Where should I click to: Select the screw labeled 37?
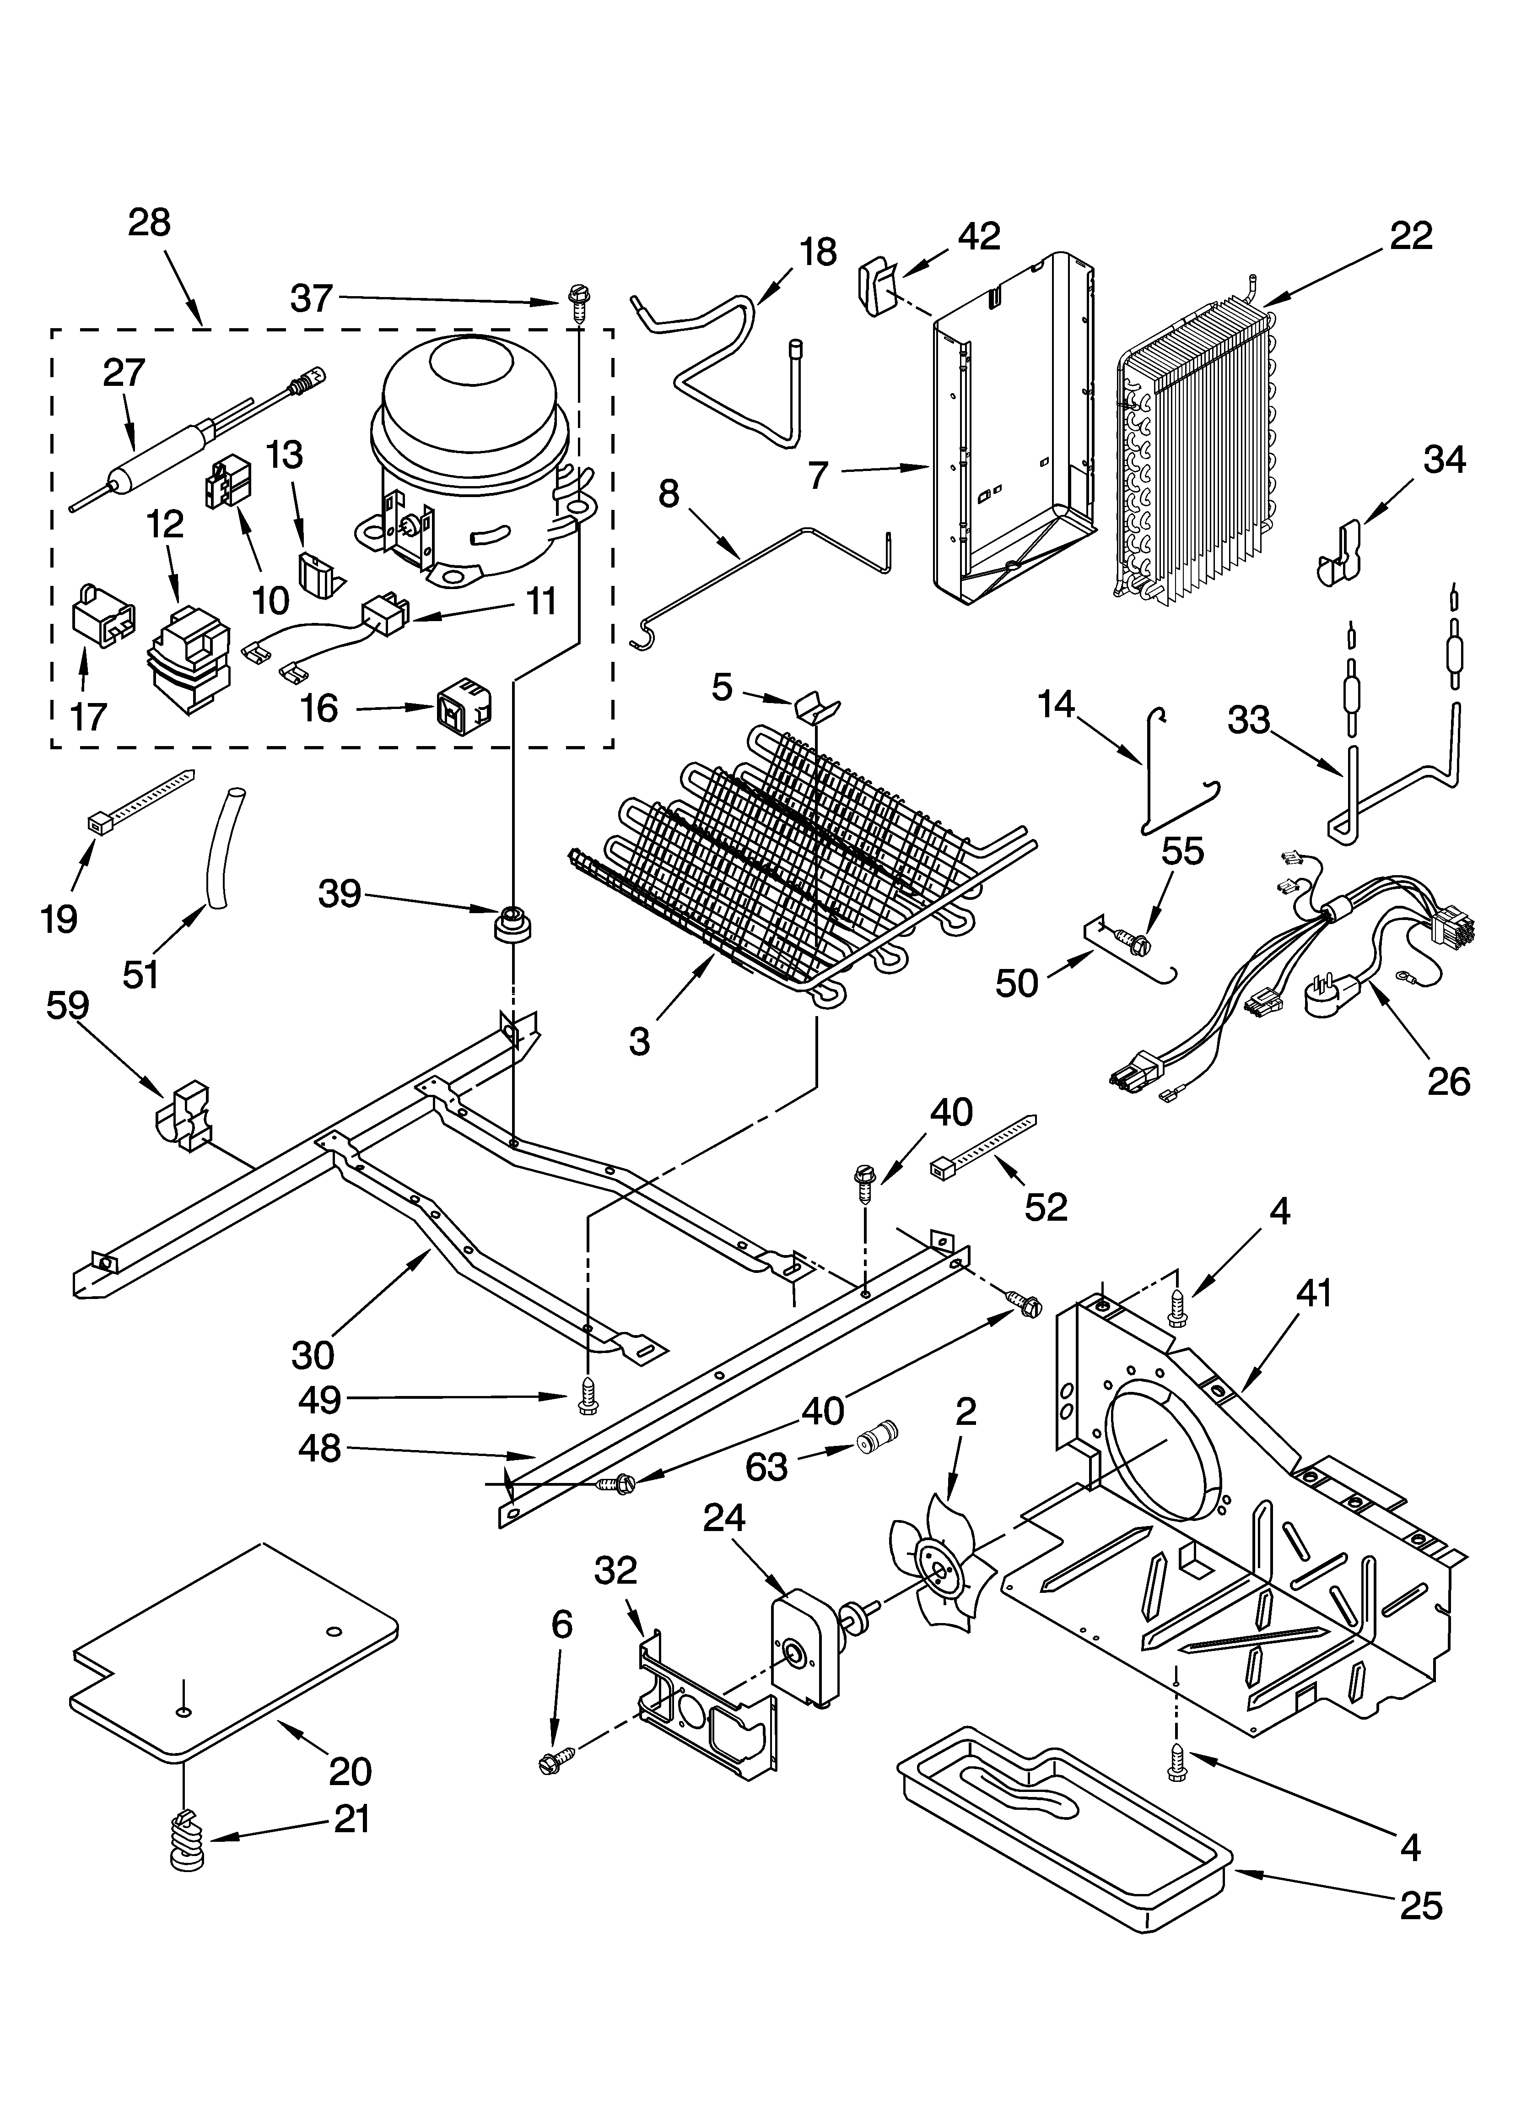tap(576, 303)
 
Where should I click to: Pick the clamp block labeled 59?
tap(187, 1112)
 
